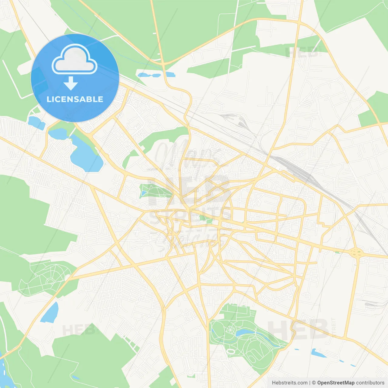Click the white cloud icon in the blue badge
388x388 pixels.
coord(75,59)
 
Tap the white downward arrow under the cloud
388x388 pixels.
coord(71,83)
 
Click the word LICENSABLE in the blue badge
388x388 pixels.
coord(75,99)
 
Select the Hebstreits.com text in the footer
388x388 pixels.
coord(289,383)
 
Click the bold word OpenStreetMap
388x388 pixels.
coord(336,383)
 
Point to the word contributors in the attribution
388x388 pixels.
coord(370,383)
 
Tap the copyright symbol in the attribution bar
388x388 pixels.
coord(314,383)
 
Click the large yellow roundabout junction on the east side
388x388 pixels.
coord(356,252)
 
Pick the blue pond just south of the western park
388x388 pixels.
coord(50,312)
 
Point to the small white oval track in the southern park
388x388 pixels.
coord(231,351)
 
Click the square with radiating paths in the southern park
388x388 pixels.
coord(229,329)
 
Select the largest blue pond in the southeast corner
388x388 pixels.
coord(316,353)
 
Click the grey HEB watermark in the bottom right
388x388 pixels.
coord(299,329)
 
